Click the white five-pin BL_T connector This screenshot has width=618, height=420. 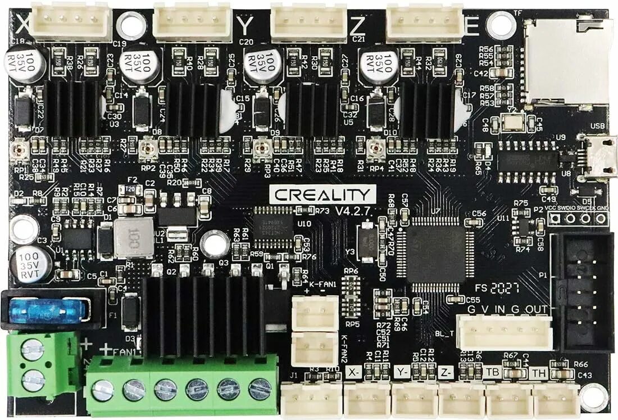[504, 332]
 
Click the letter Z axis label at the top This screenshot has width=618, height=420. [358, 25]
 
